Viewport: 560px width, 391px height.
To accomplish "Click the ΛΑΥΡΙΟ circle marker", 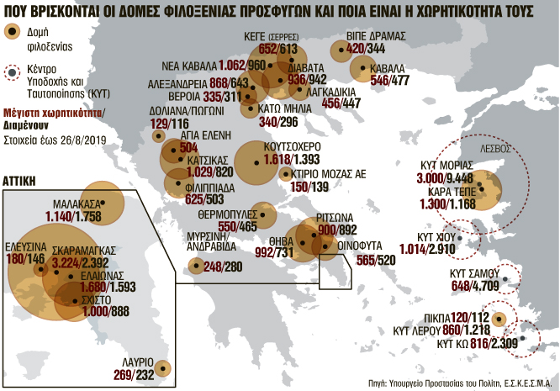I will [x=162, y=368].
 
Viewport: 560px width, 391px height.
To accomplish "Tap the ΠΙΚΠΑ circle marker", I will [x=500, y=320].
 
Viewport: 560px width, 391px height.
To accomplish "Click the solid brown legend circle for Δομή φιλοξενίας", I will [x=12, y=32].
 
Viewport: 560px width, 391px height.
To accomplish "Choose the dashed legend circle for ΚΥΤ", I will [x=12, y=73].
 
